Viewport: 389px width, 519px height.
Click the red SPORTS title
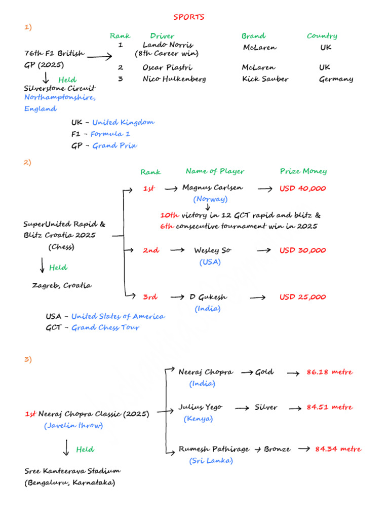click(189, 17)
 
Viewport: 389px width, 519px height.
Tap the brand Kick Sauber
click(265, 79)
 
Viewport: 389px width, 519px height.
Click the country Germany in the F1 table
click(336, 79)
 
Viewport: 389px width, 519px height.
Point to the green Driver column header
click(162, 36)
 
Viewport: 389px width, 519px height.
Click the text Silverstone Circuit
click(60, 88)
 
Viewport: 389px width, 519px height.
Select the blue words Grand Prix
click(114, 145)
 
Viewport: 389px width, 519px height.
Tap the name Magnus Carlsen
click(212, 188)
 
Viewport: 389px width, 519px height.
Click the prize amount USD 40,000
click(303, 189)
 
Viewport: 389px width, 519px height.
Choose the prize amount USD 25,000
click(303, 297)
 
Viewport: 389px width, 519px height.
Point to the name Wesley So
click(213, 250)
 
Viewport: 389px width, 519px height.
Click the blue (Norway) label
click(210, 199)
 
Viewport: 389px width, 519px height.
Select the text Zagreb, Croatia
click(62, 285)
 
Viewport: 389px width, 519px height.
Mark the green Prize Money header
click(303, 171)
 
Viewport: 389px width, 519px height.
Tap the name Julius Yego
click(200, 407)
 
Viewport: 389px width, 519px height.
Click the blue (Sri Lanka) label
click(211, 461)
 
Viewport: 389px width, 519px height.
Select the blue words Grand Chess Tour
click(105, 327)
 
